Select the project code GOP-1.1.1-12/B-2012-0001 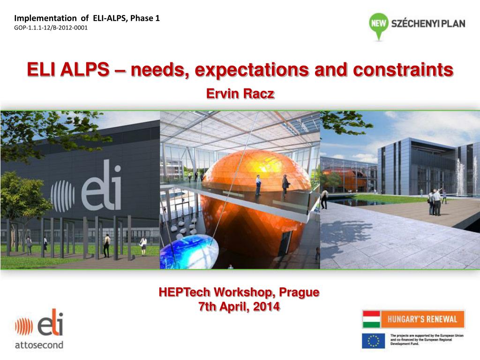pos(51,28)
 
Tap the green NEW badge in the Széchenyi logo pos(379,22)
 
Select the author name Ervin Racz pos(240,94)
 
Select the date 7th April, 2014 pos(239,307)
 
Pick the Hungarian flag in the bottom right pos(371,319)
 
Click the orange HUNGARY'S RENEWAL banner pos(422,319)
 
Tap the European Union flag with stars pos(373,340)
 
